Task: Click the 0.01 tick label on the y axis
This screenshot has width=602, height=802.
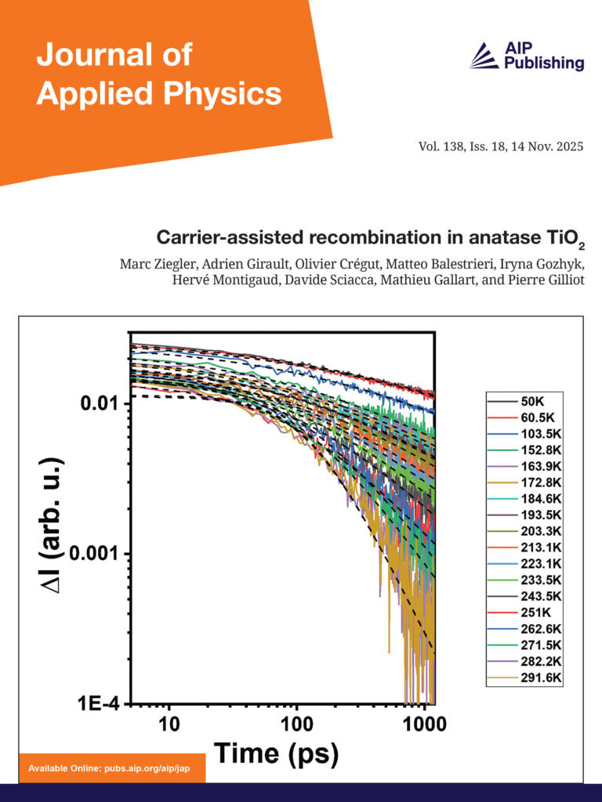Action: pos(101,403)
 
